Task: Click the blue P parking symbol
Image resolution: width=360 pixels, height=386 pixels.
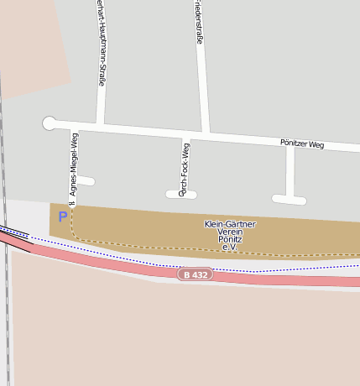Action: (62, 216)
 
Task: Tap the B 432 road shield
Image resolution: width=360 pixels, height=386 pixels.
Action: (195, 274)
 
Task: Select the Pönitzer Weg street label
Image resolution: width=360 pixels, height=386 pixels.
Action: (302, 144)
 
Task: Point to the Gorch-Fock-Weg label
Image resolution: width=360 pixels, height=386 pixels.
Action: (185, 168)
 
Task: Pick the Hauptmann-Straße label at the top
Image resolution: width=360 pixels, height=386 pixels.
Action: (101, 42)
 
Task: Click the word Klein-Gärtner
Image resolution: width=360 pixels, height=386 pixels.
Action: (230, 224)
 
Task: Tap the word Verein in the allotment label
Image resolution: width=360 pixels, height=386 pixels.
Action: (230, 232)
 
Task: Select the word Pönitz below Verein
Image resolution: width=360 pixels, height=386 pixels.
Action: (230, 239)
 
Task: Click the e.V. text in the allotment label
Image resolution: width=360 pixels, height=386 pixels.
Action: (230, 248)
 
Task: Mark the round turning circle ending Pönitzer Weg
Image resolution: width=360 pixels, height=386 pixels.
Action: (50, 123)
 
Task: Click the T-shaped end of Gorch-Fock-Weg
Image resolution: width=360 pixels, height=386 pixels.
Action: (181, 195)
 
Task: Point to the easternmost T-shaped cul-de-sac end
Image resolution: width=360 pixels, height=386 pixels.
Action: (290, 199)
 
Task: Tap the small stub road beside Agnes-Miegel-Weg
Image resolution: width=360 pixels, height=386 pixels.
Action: (86, 180)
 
